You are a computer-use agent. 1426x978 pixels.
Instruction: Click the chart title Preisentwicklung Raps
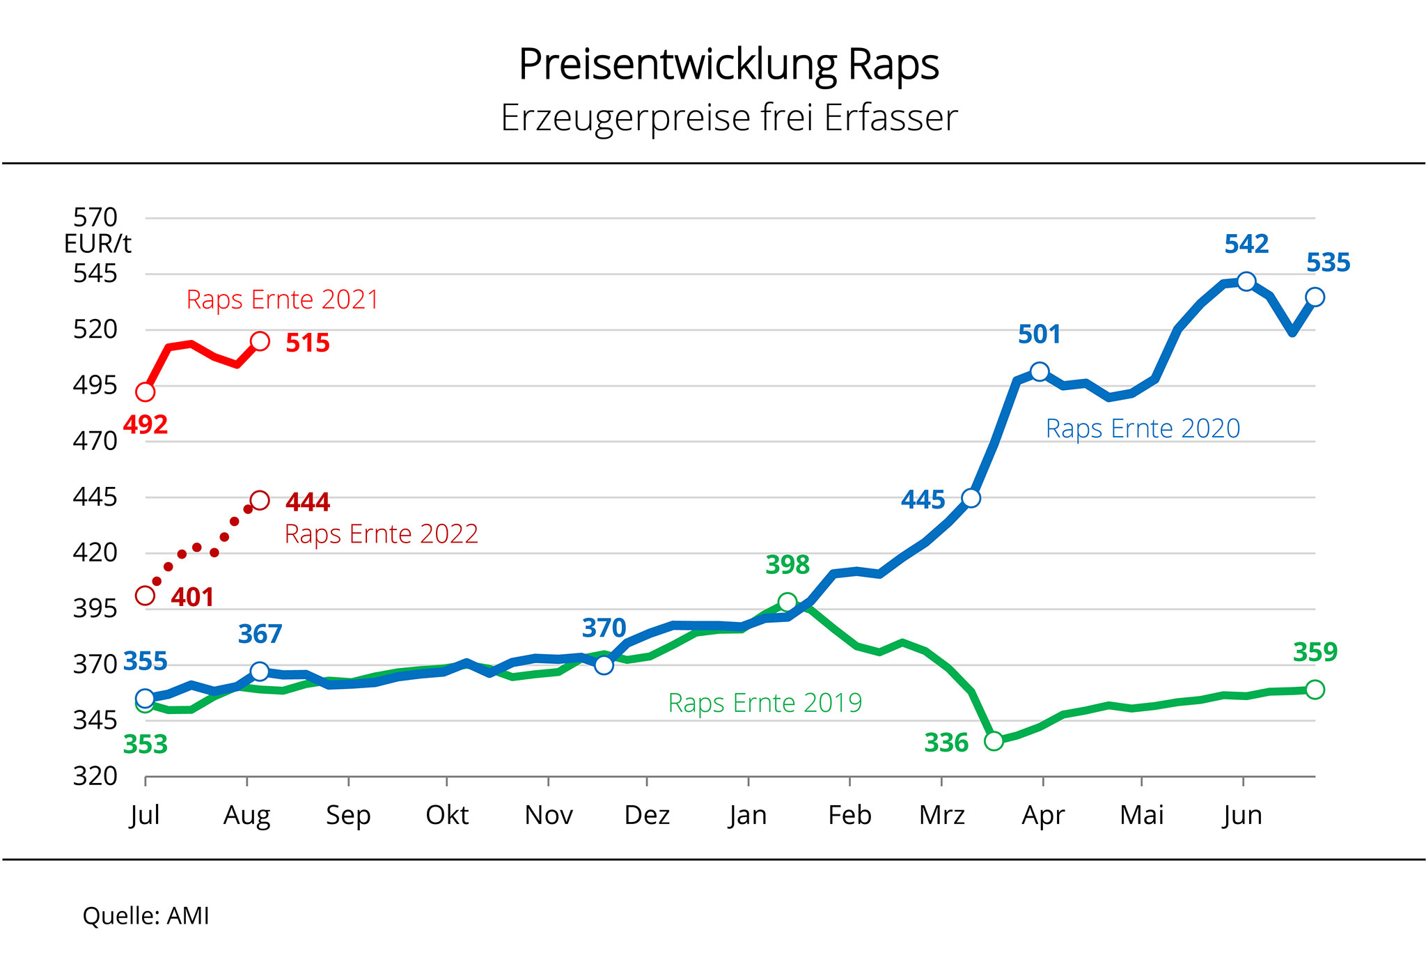(728, 65)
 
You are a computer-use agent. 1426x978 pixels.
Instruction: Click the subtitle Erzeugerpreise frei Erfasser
(728, 118)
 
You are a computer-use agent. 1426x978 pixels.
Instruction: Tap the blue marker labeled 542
(1246, 281)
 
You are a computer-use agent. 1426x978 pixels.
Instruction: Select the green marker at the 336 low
(994, 740)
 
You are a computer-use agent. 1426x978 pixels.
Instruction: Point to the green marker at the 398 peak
(788, 602)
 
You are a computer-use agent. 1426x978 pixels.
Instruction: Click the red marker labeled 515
(260, 341)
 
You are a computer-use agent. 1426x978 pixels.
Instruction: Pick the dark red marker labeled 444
(260, 500)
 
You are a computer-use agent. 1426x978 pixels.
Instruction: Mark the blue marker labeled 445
(971, 498)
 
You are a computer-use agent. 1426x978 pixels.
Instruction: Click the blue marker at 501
(1040, 371)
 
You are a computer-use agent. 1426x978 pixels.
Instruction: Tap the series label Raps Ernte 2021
(282, 300)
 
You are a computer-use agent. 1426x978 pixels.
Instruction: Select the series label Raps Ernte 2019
(765, 703)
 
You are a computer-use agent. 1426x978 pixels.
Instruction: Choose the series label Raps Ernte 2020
(1143, 428)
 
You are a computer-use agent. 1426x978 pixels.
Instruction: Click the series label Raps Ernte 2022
(381, 534)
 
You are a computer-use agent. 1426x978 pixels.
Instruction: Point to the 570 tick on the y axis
(95, 218)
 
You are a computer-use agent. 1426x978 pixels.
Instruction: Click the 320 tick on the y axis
(95, 776)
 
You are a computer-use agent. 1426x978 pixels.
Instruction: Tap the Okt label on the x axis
(447, 815)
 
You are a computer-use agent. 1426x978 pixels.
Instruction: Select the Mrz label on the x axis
(941, 815)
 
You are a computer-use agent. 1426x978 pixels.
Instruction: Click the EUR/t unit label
(97, 244)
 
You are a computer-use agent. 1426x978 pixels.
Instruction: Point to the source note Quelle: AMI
(146, 916)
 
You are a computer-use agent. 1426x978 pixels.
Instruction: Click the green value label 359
(1315, 653)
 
